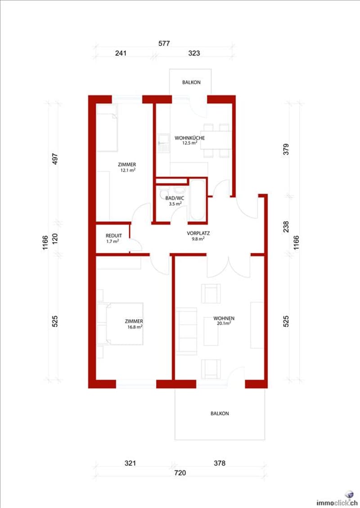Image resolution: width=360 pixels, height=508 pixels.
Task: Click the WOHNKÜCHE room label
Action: (x=190, y=138)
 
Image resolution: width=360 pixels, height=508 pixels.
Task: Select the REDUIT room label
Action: (x=114, y=236)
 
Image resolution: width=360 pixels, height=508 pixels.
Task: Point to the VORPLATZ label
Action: (x=198, y=233)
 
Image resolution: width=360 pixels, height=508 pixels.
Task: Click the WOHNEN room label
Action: (x=224, y=318)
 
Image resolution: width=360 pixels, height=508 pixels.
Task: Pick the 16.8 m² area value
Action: (x=135, y=327)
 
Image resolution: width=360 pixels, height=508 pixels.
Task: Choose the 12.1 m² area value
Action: (x=128, y=170)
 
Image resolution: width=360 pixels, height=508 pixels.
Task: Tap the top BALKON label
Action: (x=191, y=82)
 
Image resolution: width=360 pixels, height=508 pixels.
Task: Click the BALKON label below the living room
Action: (x=220, y=414)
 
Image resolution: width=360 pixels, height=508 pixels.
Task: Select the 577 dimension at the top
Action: (x=164, y=44)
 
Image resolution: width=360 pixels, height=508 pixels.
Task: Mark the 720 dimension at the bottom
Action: (x=180, y=472)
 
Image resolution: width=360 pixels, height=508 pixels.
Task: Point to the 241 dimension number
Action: (x=121, y=53)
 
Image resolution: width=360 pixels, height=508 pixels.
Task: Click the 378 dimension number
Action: (x=220, y=463)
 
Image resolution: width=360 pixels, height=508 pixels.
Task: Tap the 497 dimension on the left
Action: (x=55, y=159)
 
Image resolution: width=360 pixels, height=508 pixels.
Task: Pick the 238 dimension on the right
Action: (x=286, y=227)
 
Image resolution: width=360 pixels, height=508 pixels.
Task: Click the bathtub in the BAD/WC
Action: (x=197, y=200)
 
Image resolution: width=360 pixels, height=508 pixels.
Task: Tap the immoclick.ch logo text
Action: (x=337, y=503)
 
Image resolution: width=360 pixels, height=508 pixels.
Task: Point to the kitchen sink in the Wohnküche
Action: (x=164, y=143)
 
